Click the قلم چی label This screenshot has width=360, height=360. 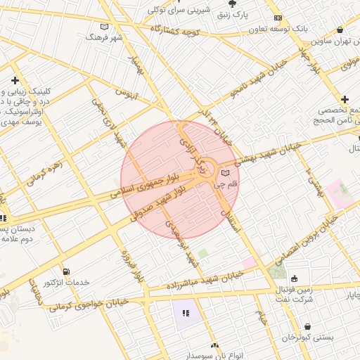point(226,184)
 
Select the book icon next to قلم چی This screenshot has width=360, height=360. point(225,172)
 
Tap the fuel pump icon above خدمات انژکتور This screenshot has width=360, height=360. point(66,271)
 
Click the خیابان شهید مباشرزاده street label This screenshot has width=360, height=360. point(204,281)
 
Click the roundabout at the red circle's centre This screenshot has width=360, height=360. point(207,169)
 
